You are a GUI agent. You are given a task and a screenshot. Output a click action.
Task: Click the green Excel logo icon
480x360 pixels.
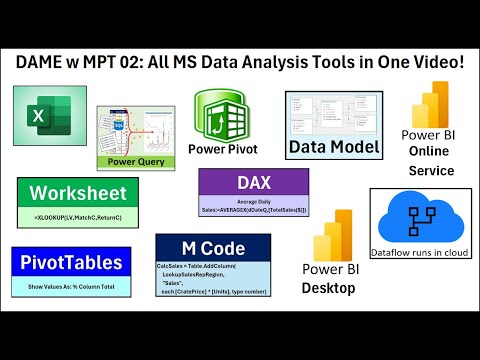43,117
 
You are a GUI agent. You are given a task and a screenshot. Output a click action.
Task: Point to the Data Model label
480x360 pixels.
335,148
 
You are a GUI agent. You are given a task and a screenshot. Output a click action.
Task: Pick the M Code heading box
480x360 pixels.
213,248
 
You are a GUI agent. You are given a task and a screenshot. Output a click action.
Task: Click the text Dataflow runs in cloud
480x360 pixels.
421,255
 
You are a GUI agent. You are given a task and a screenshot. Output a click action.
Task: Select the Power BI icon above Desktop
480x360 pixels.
331,236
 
